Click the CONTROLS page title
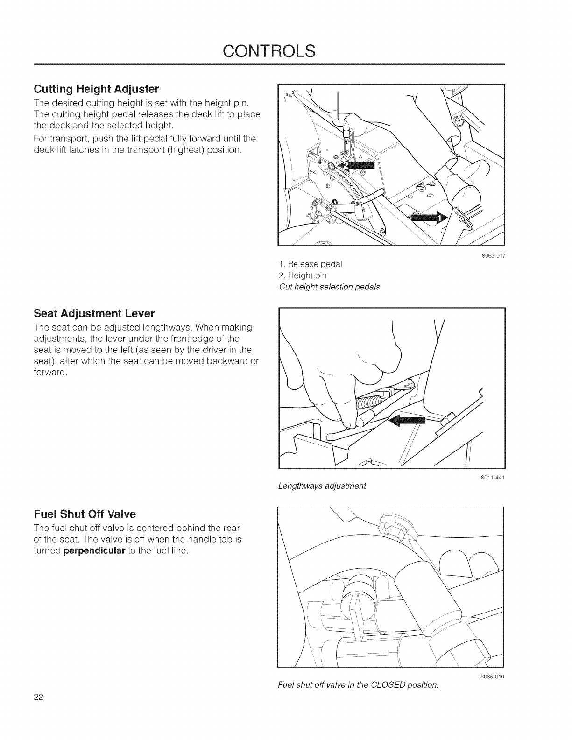coord(269,51)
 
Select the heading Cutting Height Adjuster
coord(96,89)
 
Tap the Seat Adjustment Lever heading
coord(94,313)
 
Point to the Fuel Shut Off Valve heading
coord(85,514)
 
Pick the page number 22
coord(38,697)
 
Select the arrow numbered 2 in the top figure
coord(355,166)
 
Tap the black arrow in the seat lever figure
coord(407,422)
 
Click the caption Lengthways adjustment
coord(322,486)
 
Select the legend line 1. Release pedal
coord(311,264)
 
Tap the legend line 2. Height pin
coord(303,275)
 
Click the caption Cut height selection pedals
coord(329,287)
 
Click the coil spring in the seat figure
coord(370,400)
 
